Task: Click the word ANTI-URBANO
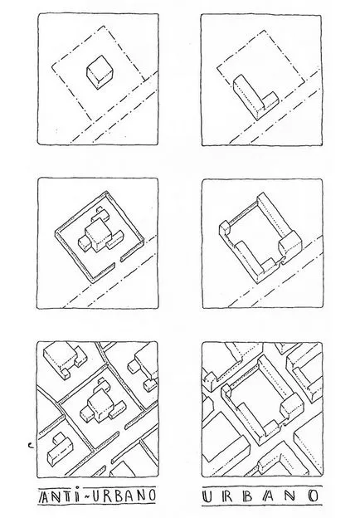(97, 496)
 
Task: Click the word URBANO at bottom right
(261, 496)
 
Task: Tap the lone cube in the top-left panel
(100, 72)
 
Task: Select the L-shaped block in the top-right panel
(255, 97)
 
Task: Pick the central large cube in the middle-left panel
(99, 235)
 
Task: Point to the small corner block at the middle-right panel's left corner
(225, 228)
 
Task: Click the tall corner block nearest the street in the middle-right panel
(290, 244)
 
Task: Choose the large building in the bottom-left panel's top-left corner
(66, 359)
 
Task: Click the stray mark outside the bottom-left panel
(31, 447)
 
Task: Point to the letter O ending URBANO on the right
(314, 496)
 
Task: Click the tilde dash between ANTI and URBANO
(85, 496)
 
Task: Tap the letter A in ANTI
(44, 496)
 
